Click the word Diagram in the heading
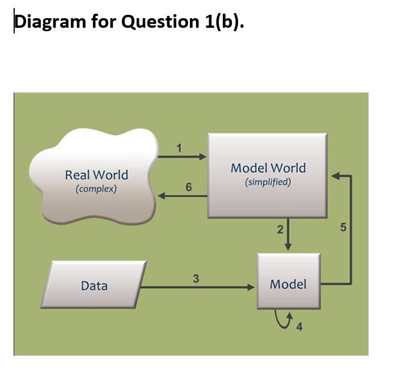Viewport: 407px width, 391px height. [x=48, y=22]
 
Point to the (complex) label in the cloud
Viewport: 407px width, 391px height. [x=96, y=188]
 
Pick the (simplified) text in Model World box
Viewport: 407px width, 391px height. [x=268, y=182]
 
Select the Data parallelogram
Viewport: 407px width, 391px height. [x=94, y=285]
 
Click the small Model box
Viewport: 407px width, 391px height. [x=288, y=284]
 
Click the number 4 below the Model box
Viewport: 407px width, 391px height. [x=299, y=326]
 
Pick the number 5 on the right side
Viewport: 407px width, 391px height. [x=342, y=228]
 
